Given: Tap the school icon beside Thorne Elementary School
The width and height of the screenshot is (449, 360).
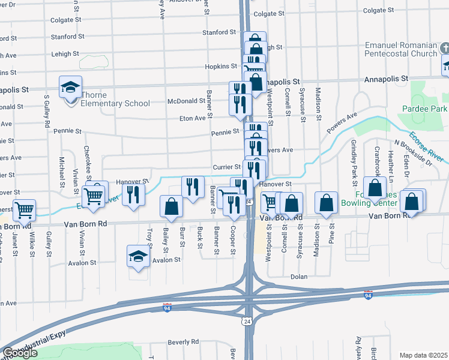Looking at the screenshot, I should pyautogui.click(x=70, y=88).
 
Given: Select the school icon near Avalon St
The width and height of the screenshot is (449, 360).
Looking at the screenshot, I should pyautogui.click(x=139, y=256).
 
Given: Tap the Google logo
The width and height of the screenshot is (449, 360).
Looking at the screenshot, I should pyautogui.click(x=20, y=353).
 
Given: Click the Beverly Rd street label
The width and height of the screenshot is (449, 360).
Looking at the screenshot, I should pyautogui.click(x=182, y=341).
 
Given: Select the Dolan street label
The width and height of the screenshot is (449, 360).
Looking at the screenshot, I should pyautogui.click(x=298, y=277).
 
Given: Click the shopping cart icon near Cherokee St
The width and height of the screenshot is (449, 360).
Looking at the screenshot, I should pyautogui.click(x=93, y=195).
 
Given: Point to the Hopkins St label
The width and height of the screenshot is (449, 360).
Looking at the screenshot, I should pyautogui.click(x=221, y=66).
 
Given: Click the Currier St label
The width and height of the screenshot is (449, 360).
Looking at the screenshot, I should pyautogui.click(x=226, y=167).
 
